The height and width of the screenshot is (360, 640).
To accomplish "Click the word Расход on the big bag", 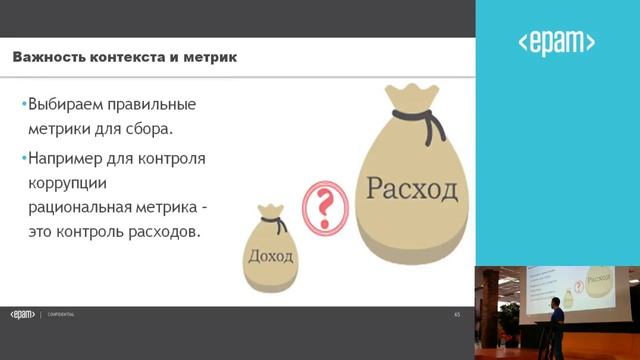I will [411, 187].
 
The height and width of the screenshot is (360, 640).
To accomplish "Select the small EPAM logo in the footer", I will [22, 314].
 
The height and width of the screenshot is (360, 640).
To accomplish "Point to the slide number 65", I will [456, 314].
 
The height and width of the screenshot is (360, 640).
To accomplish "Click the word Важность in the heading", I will [47, 57].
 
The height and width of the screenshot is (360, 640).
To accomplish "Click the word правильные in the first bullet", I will [160, 104].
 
